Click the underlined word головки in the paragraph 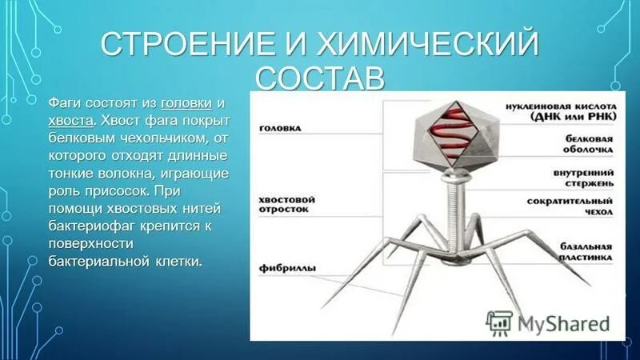(x=187, y=104)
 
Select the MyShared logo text (x=564, y=323)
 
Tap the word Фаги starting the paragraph (x=65, y=104)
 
